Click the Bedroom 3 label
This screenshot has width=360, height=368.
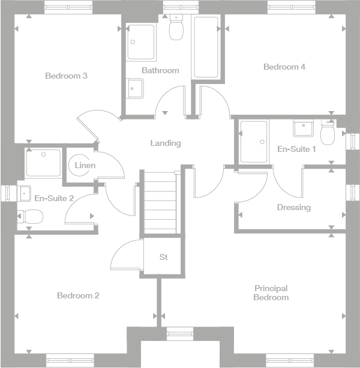[x=67, y=76]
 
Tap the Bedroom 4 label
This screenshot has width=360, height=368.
[x=284, y=67]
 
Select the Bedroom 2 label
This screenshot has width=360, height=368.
[x=78, y=295]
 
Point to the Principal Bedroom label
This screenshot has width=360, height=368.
[x=271, y=293]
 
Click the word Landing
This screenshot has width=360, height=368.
[x=165, y=143]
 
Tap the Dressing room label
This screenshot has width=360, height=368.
[x=293, y=208]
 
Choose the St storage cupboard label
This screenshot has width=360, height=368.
[x=163, y=257]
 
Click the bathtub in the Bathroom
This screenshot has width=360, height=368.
[x=206, y=47]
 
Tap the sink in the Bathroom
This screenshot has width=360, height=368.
[x=135, y=89]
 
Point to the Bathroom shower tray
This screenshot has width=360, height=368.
[x=141, y=41]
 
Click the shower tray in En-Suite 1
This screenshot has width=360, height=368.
[x=253, y=142]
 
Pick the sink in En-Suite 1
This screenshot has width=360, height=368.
[x=302, y=127]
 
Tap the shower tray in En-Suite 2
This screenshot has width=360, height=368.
[x=43, y=163]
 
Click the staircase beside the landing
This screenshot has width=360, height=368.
[x=160, y=203]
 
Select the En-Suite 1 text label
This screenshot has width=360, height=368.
[x=296, y=149]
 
